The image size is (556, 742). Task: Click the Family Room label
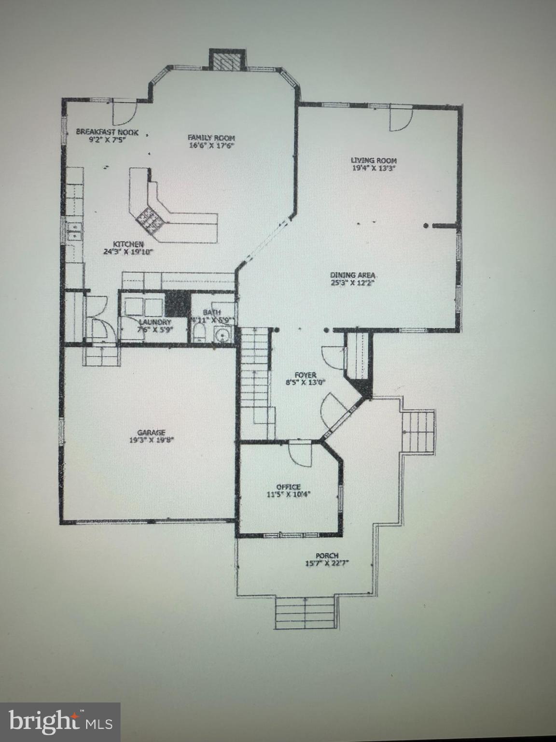(x=211, y=138)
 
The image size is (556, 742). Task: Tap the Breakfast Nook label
(x=107, y=132)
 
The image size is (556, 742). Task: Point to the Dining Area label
(x=353, y=275)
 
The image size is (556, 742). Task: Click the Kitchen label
(x=128, y=244)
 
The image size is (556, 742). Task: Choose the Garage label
(x=151, y=432)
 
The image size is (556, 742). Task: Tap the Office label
(x=288, y=486)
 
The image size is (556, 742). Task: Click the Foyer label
(x=305, y=375)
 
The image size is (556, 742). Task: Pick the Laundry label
(x=154, y=322)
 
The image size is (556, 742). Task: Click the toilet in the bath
(x=199, y=333)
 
